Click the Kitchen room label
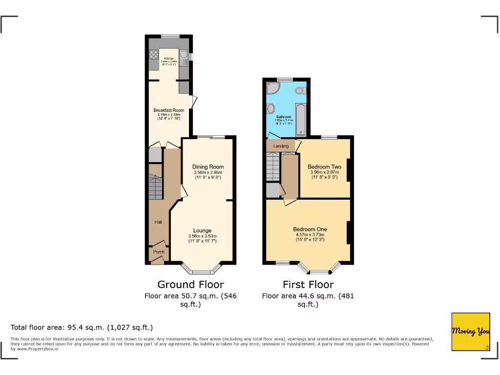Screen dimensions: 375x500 (169, 58)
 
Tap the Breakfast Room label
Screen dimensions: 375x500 (168, 110)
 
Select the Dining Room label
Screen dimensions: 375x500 (208, 167)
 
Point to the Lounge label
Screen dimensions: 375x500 (202, 230)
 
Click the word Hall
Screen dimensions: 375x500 (158, 222)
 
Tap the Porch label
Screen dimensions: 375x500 (159, 252)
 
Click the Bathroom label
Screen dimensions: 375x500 (284, 117)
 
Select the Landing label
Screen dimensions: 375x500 (281, 146)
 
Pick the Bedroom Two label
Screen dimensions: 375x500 (324, 167)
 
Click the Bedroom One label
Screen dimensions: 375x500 (310, 229)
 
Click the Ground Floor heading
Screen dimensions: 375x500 (190, 285)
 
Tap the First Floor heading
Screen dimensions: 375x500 (308, 285)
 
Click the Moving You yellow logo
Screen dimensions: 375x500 (471, 332)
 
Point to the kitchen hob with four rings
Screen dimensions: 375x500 (153, 55)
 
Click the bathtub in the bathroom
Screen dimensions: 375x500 (301, 120)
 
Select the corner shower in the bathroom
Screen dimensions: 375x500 (271, 88)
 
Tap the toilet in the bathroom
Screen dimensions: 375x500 (302, 90)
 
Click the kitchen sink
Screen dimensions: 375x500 (184, 59)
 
